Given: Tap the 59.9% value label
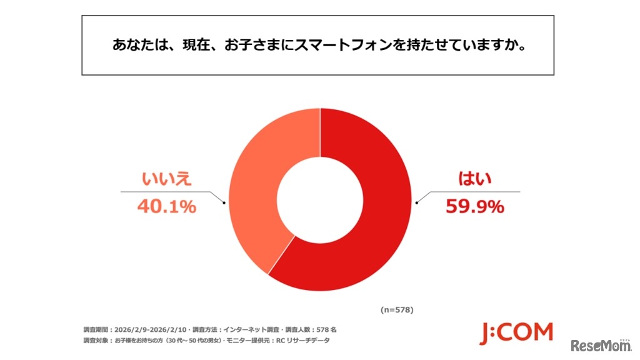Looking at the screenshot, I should pyautogui.click(x=474, y=206).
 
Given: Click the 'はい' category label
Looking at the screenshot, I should pyautogui.click(x=474, y=179).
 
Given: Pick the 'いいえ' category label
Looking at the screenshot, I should pyautogui.click(x=166, y=179).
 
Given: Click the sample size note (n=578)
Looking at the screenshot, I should pyautogui.click(x=396, y=309).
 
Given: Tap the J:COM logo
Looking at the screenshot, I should pyautogui.click(x=516, y=333).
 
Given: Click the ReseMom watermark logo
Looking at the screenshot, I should pyautogui.click(x=600, y=346).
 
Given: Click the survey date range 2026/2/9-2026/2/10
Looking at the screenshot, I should pyautogui.click(x=151, y=329).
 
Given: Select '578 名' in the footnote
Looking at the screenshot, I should pyautogui.click(x=327, y=329).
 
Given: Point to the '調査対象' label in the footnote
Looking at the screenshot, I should pyautogui.click(x=95, y=341).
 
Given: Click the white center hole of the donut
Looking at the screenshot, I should pyautogui.click(x=320, y=200).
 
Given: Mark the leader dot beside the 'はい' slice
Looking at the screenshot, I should pyautogui.click(x=417, y=202).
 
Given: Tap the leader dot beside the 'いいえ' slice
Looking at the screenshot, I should pyautogui.click(x=224, y=202).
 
